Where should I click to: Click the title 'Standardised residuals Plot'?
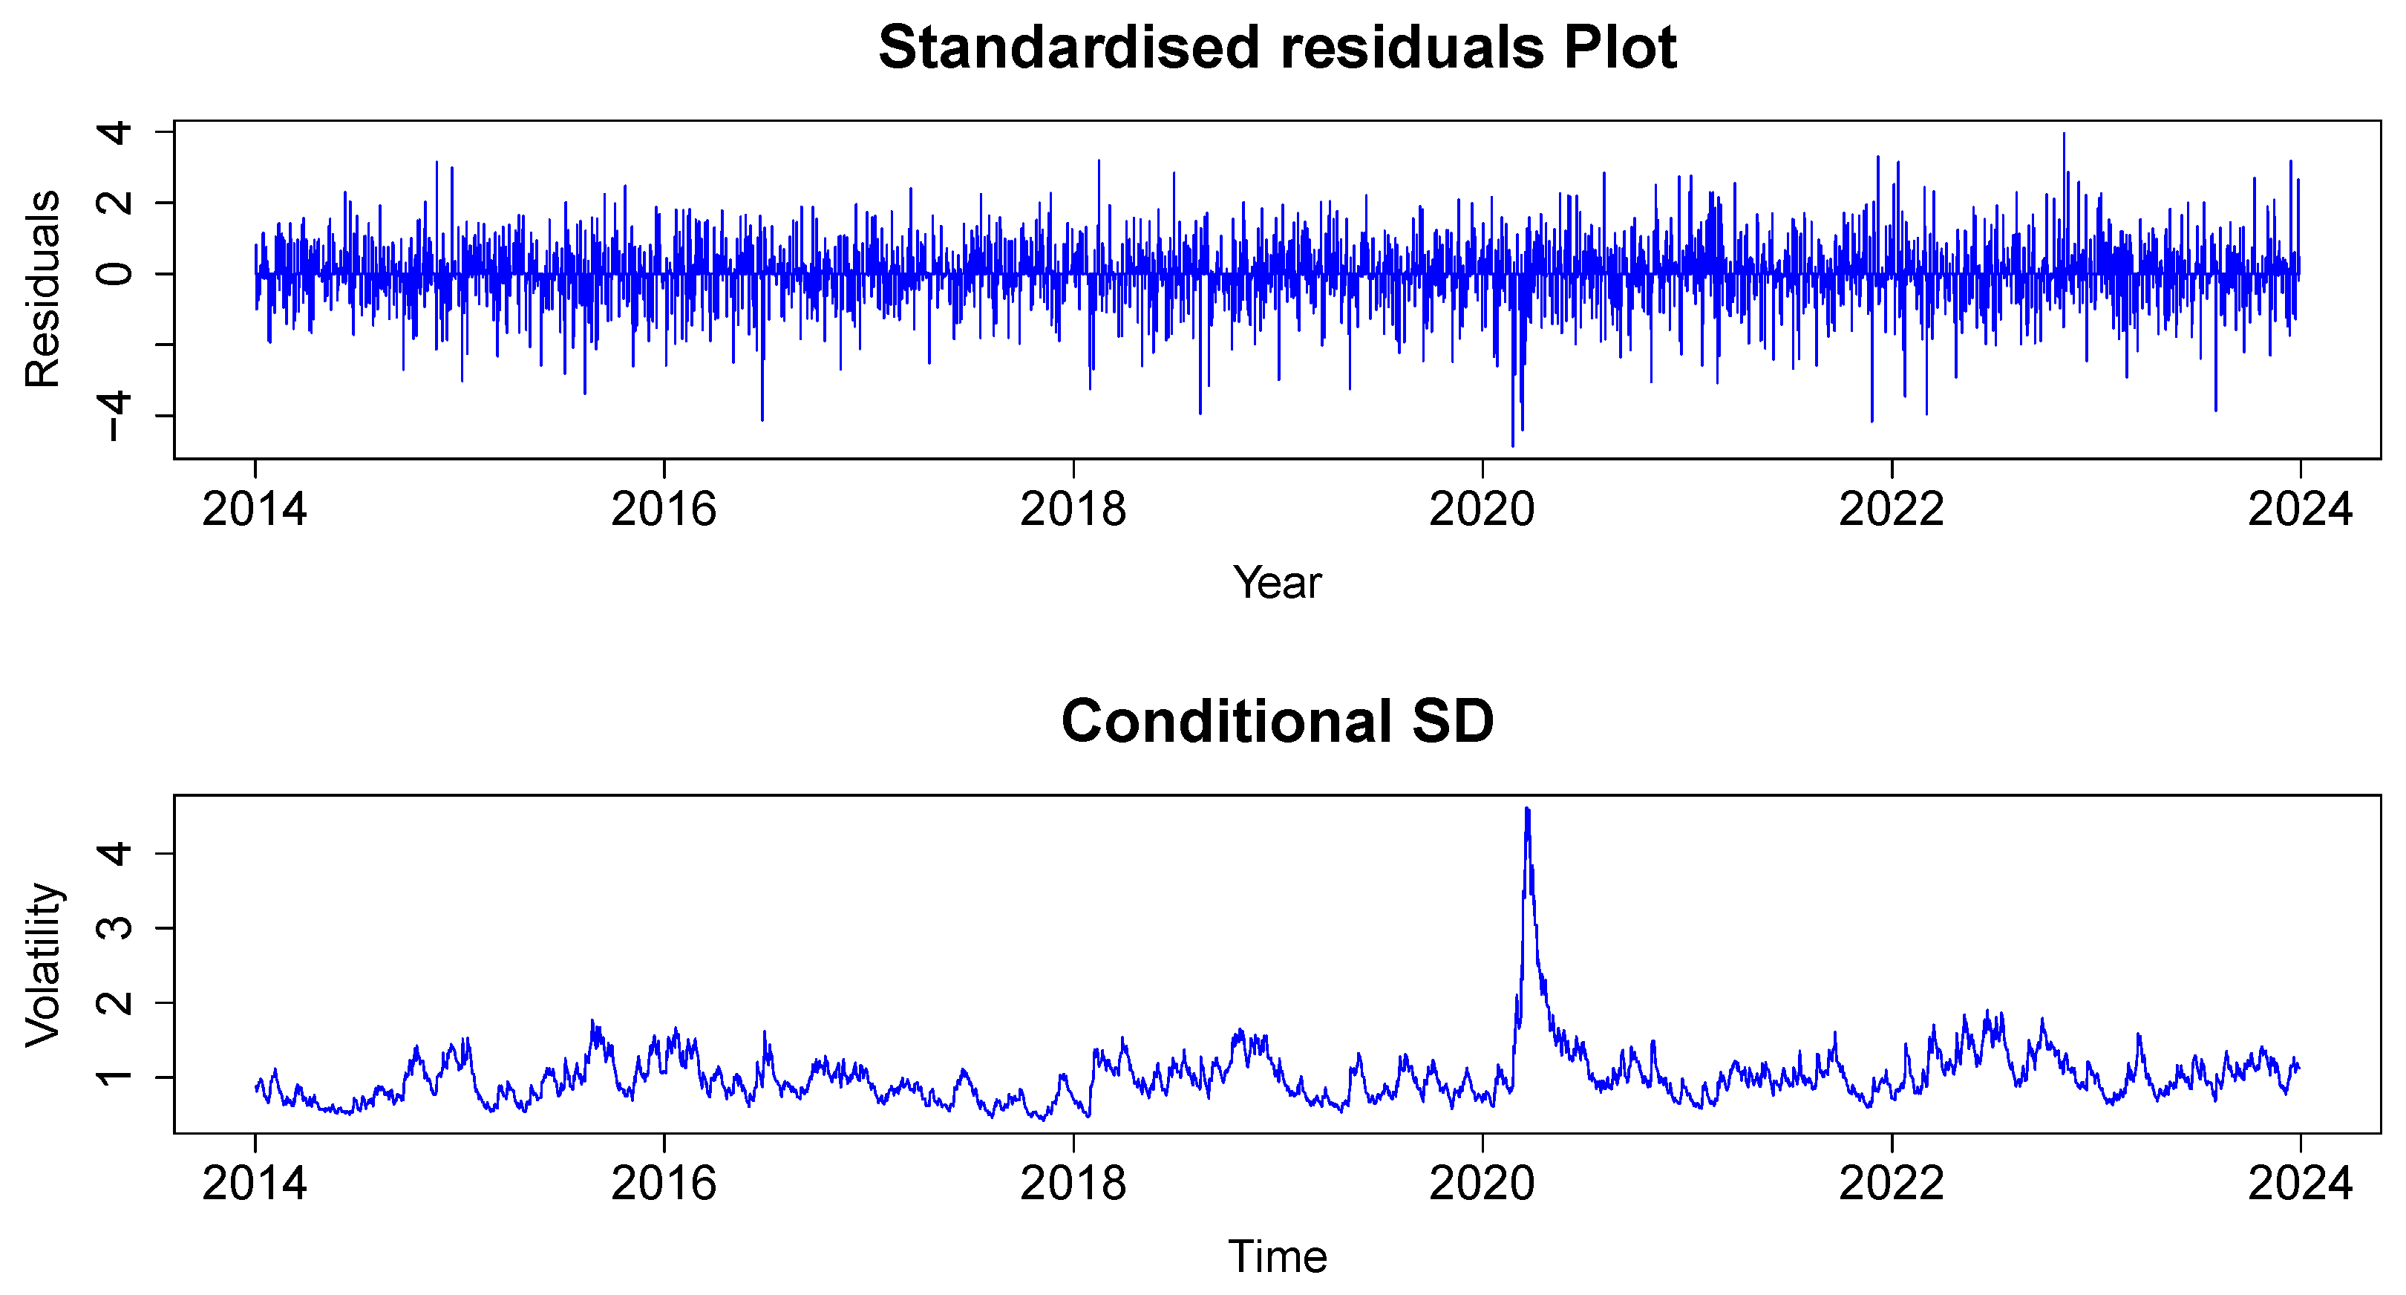point(1277,48)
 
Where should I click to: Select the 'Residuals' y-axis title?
point(43,289)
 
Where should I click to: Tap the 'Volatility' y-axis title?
point(43,965)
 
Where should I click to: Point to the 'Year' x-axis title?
point(1277,583)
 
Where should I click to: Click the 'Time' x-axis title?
point(1277,1256)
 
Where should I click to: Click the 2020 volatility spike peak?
point(1527,810)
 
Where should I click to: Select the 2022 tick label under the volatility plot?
point(1892,1184)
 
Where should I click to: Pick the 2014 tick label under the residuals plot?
point(254,510)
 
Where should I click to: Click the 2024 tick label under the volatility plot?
point(2300,1184)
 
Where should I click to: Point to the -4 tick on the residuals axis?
point(117,416)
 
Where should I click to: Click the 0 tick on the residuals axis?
point(117,274)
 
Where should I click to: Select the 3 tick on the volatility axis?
point(117,927)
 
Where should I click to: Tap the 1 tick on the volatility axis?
point(117,1077)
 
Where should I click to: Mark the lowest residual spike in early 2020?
point(1513,445)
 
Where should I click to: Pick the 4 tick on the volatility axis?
point(117,853)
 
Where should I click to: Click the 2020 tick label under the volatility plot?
point(1482,1184)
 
